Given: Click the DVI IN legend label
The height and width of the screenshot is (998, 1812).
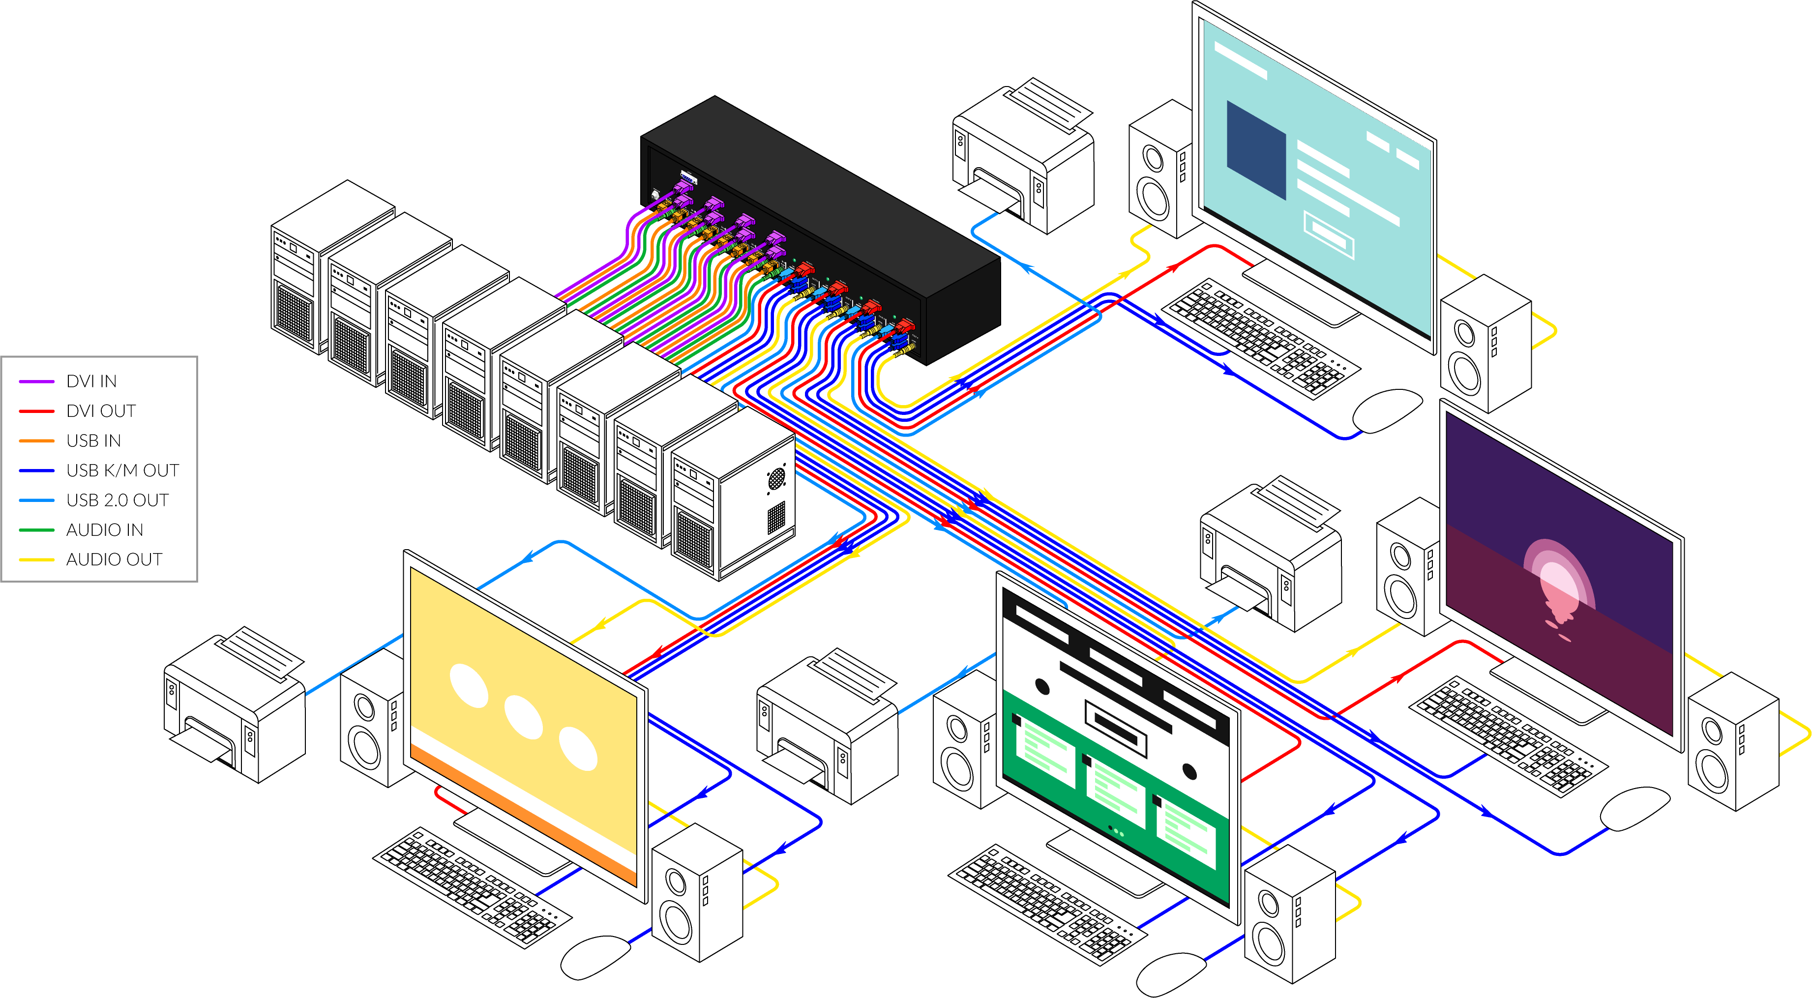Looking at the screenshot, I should (x=91, y=381).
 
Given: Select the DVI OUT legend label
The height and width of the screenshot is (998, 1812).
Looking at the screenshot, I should (x=101, y=411).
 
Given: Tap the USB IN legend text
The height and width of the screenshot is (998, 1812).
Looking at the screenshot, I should (x=93, y=440).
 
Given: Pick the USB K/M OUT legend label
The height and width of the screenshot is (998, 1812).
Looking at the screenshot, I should (x=122, y=470).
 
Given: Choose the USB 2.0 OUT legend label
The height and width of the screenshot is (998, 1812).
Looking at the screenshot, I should (x=118, y=500).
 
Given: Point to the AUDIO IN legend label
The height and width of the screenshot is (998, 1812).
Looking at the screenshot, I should (x=105, y=529).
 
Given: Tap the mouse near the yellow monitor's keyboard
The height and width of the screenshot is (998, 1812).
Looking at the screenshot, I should (x=594, y=957).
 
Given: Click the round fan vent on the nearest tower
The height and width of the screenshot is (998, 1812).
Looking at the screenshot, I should (x=776, y=478).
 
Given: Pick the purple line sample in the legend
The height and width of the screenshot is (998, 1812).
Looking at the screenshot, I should (x=36, y=381).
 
